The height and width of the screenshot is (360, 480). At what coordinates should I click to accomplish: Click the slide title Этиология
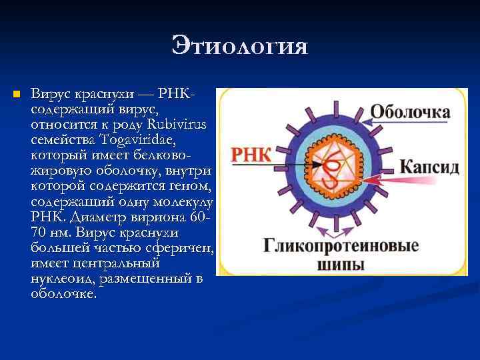pyautogui.click(x=239, y=47)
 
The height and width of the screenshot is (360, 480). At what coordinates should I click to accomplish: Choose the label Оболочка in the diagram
pyautogui.click(x=409, y=111)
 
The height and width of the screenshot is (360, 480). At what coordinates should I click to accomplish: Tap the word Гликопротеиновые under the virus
pyautogui.click(x=340, y=246)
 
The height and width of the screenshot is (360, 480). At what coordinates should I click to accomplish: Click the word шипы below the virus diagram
pyautogui.click(x=340, y=265)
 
